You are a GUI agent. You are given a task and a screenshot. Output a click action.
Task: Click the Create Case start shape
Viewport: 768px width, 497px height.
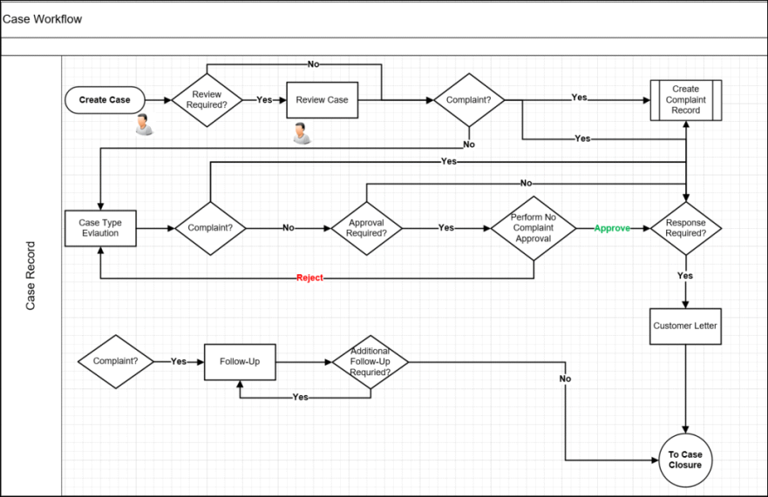pyautogui.click(x=105, y=100)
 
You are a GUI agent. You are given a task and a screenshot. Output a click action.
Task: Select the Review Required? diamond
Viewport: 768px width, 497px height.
pyautogui.click(x=207, y=100)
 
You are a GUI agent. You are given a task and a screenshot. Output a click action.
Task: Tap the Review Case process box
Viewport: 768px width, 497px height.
pyautogui.click(x=322, y=100)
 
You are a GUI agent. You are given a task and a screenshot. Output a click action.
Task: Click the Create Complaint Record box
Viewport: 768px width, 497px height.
pyautogui.click(x=686, y=100)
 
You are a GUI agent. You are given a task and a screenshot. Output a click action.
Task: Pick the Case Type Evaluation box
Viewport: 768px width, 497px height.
pyautogui.click(x=100, y=228)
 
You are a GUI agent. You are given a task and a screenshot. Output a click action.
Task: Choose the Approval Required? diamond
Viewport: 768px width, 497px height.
pyautogui.click(x=367, y=228)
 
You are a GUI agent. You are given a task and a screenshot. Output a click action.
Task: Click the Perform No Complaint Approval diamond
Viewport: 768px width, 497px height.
pyautogui.click(x=533, y=228)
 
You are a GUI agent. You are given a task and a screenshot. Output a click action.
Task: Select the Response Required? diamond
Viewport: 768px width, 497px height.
pyautogui.click(x=686, y=228)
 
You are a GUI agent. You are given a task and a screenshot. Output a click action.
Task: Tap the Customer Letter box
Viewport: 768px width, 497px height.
pyautogui.click(x=686, y=326)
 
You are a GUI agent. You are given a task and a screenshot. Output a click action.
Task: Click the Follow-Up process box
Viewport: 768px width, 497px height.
pyautogui.click(x=240, y=361)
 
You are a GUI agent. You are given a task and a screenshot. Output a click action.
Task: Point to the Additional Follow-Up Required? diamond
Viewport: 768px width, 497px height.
pyautogui.click(x=370, y=361)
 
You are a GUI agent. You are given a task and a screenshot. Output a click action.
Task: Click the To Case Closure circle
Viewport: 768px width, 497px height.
pyautogui.click(x=686, y=459)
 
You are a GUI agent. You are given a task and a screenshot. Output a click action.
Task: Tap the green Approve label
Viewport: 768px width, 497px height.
pyautogui.click(x=612, y=228)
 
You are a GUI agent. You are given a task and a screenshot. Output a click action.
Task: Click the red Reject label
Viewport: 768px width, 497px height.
pyautogui.click(x=309, y=278)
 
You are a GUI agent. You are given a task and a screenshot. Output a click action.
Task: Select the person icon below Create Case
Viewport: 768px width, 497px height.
pyautogui.click(x=144, y=127)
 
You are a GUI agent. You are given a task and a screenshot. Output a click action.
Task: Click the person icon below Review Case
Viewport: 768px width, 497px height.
pyautogui.click(x=301, y=132)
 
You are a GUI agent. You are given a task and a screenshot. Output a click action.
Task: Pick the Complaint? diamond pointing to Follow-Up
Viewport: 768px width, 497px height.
pyautogui.click(x=115, y=361)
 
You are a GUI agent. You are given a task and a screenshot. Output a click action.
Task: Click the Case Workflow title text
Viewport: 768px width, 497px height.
pyautogui.click(x=42, y=19)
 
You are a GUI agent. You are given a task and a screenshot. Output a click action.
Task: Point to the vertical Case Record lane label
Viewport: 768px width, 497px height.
pyautogui.click(x=31, y=275)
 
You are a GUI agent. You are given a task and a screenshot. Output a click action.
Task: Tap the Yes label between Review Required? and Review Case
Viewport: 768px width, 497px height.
pyautogui.click(x=264, y=100)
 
